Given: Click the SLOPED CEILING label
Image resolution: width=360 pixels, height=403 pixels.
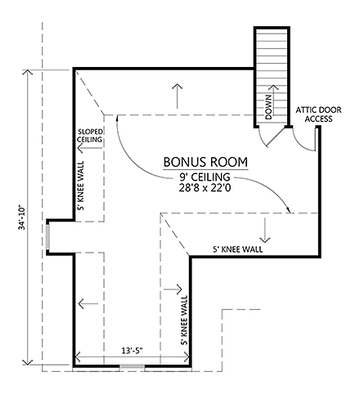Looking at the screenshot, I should [90, 136].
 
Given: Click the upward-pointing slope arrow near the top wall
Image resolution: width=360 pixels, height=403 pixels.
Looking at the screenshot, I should [175, 95].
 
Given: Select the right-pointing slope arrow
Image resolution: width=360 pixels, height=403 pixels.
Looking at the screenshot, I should [172, 289].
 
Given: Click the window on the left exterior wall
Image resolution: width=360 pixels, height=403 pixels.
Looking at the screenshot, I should [48, 238].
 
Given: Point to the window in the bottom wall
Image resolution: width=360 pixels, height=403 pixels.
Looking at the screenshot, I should [130, 367].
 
